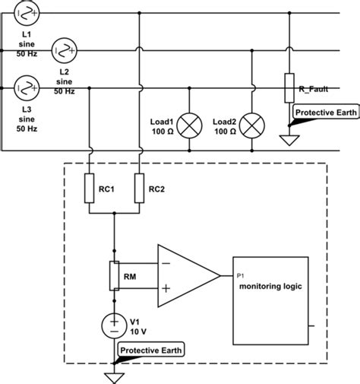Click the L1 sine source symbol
coord(27,13)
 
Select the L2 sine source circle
coord(64,51)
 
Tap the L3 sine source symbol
coord(27,88)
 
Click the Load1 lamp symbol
coord(189,125)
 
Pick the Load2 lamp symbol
coord(252,125)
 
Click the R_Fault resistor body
coord(289,88)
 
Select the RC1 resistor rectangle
coord(89,188)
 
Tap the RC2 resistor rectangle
coord(139,188)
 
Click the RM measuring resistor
coord(114,275)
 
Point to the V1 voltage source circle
coord(114,325)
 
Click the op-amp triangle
coord(189,275)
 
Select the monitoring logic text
coord(270,287)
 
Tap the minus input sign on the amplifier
coord(166,263)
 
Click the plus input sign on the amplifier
coord(166,288)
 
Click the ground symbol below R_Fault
coord(289,140)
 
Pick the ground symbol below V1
coord(114,378)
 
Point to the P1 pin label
coord(240,275)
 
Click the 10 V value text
coord(138,332)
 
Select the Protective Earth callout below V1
coord(151,350)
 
